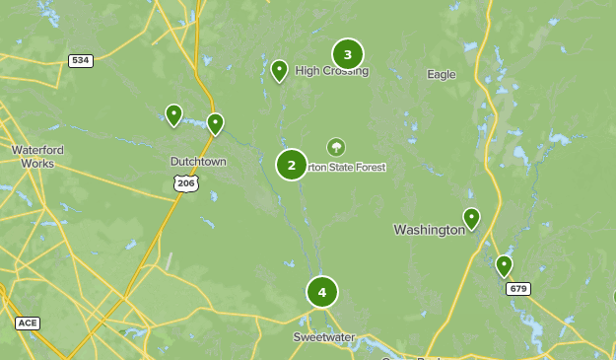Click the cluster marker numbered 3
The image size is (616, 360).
(x=347, y=54)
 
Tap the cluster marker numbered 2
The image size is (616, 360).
(x=291, y=164)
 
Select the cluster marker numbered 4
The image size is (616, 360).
(x=321, y=292)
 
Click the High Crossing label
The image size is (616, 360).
(x=331, y=71)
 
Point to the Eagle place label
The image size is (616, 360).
(x=441, y=74)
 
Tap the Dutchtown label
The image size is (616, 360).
(x=198, y=162)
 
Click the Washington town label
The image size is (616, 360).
(x=429, y=230)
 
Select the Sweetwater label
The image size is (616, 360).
(x=323, y=337)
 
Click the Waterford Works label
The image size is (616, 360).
(x=37, y=156)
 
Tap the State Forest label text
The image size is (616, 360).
(x=346, y=168)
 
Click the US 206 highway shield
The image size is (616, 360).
(x=185, y=182)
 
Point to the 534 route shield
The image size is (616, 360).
(x=81, y=61)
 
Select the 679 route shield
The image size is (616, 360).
(x=518, y=289)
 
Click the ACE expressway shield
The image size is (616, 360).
(x=28, y=323)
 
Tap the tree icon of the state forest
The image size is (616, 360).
(x=336, y=147)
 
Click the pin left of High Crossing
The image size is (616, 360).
(x=279, y=70)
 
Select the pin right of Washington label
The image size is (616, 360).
(x=471, y=218)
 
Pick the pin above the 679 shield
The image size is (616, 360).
(x=504, y=265)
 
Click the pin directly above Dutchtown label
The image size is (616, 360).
(x=215, y=123)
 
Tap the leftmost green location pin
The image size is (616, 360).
(x=173, y=115)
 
